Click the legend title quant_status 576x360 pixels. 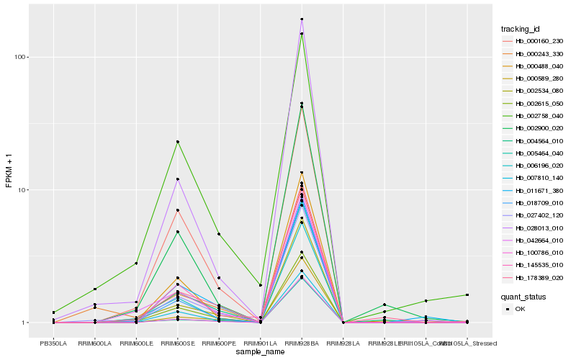[x=523, y=296]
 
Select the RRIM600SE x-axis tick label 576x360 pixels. [x=177, y=343]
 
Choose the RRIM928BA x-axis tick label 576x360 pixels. [x=302, y=343]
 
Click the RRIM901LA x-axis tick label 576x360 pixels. [x=260, y=343]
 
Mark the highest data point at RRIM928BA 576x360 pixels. [x=302, y=19]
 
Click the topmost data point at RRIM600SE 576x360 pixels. [x=177, y=142]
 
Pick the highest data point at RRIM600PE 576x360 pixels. [x=219, y=234]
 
